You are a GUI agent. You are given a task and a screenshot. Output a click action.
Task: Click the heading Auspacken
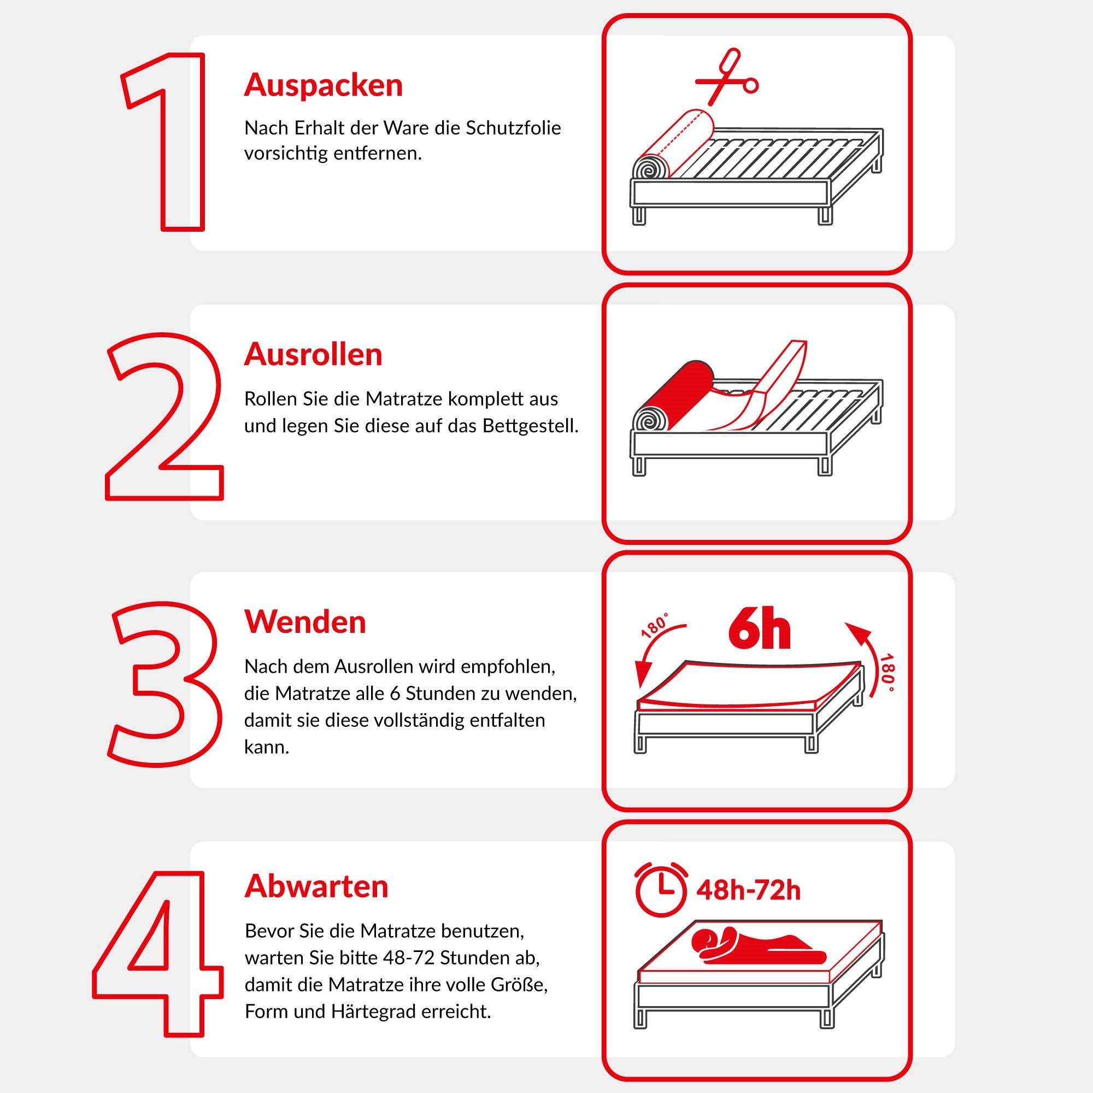[x=323, y=85]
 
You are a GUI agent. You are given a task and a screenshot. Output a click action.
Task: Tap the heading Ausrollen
[x=313, y=355]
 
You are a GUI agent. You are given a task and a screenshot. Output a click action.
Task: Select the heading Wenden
[x=305, y=622]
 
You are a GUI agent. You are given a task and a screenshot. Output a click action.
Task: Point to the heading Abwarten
[x=316, y=886]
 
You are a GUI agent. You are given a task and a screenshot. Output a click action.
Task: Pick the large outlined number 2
[x=164, y=416]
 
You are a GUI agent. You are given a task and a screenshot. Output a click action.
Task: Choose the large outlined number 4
[x=158, y=953]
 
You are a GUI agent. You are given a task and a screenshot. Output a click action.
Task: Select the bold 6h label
[x=759, y=629]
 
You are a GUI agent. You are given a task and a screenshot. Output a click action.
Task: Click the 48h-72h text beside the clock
[x=748, y=890]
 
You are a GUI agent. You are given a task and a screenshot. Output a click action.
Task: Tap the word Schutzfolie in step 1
[x=513, y=128]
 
